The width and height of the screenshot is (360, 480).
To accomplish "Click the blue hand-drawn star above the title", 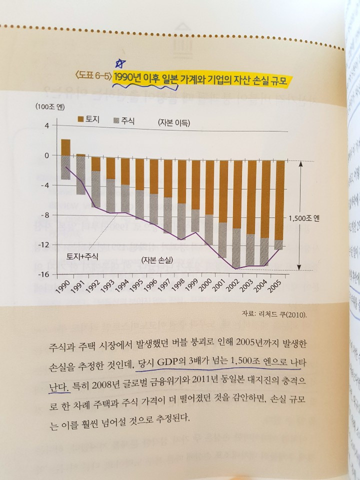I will pos(119,63).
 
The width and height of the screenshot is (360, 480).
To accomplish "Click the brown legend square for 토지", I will pos(79,119).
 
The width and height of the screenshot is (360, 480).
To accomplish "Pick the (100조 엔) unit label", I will pos(50,106).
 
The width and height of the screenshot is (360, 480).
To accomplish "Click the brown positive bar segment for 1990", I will pos(65,147).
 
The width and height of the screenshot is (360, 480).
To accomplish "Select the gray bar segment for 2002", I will pos(236,248).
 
